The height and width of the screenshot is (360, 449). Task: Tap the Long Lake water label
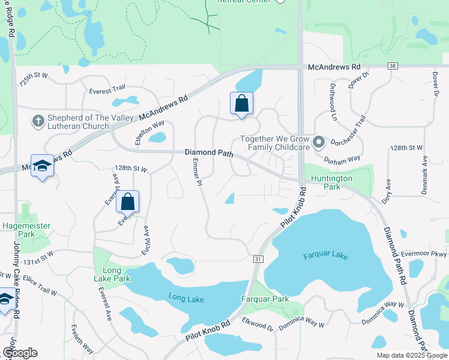click(185, 299)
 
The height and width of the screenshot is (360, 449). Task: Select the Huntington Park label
click(328, 182)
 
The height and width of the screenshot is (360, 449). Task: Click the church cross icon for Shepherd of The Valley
click(38, 121)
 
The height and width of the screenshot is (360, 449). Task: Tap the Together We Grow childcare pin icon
click(319, 142)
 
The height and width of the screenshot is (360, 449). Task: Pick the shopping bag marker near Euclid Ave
click(128, 202)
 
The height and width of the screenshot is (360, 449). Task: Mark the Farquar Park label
click(265, 299)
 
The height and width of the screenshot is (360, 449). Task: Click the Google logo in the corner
click(20, 353)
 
